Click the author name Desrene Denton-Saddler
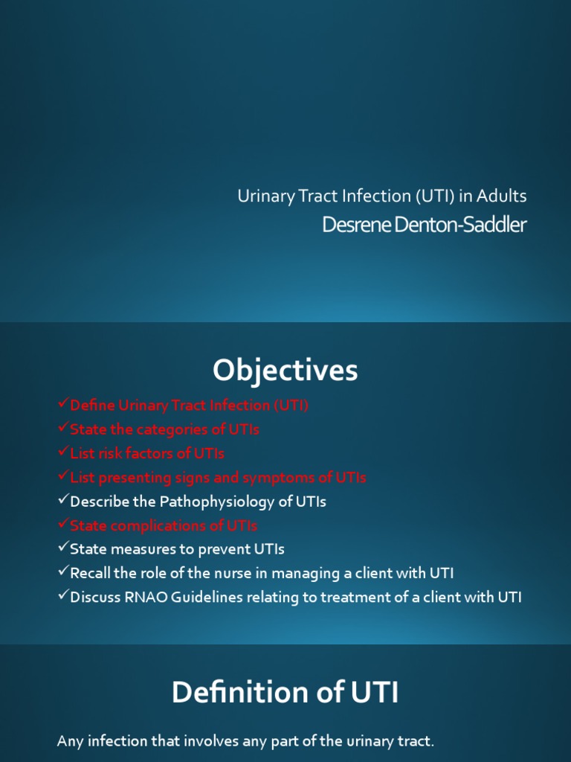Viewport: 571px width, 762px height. coord(424,225)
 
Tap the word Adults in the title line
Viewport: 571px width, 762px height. coord(502,196)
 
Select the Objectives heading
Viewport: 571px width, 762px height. coord(285,370)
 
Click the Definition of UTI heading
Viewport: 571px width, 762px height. coord(285,693)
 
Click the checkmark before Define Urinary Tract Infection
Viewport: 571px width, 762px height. coord(62,405)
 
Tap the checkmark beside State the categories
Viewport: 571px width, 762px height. coord(62,429)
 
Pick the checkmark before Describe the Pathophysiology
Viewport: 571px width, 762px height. coord(62,501)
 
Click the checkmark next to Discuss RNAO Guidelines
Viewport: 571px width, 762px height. coord(62,596)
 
